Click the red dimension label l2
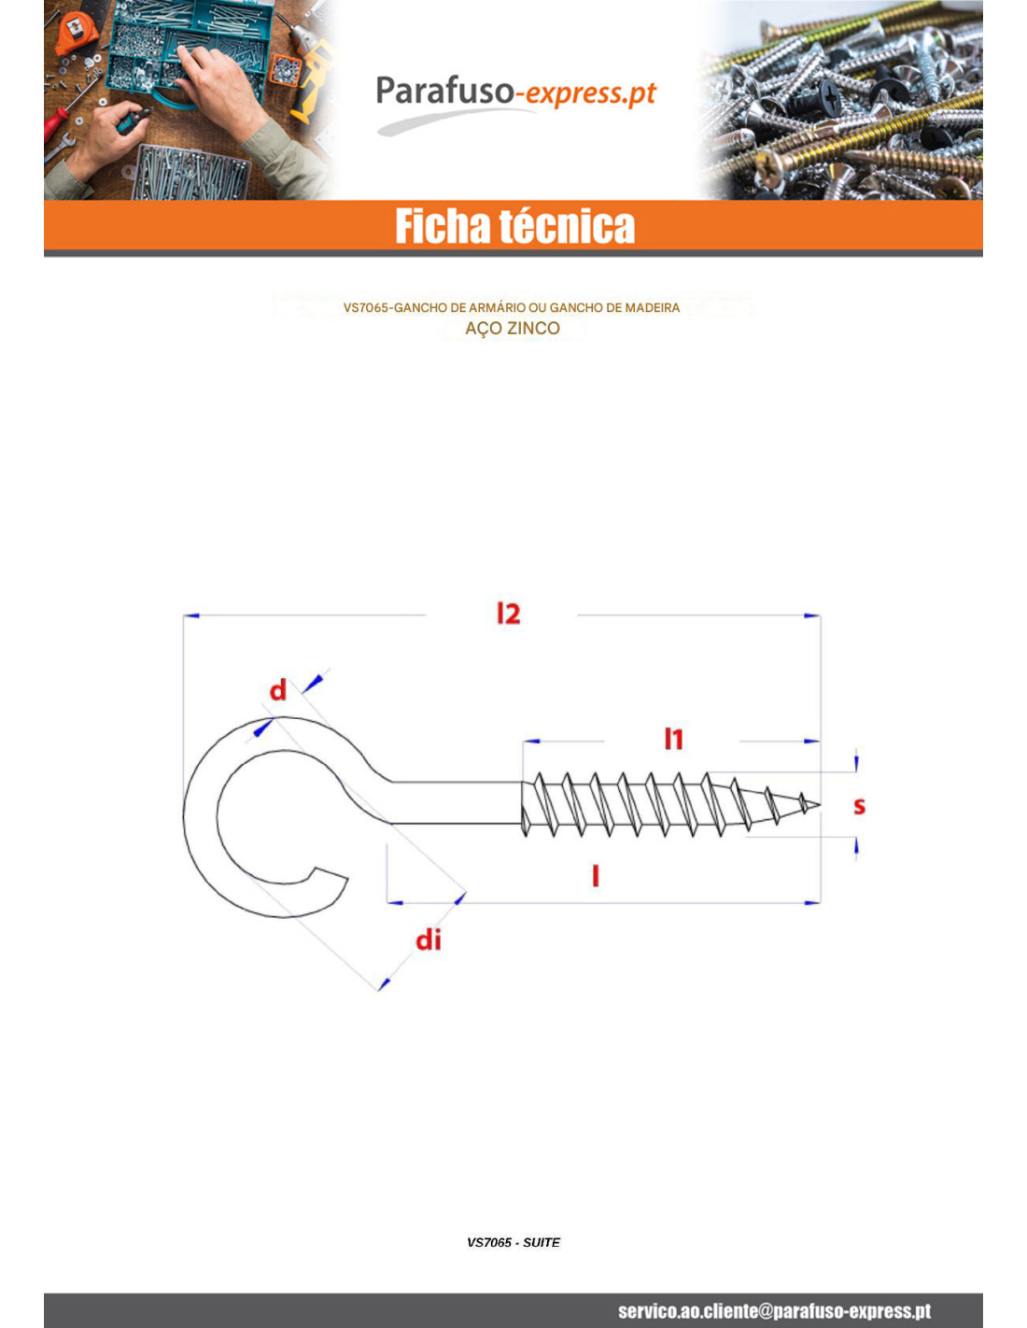[508, 613]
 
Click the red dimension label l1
[673, 739]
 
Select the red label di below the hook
[429, 939]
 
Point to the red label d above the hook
[278, 690]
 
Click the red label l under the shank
[596, 876]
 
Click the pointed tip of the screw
[819, 805]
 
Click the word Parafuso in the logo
[444, 92]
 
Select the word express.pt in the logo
[591, 93]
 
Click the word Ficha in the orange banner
[443, 225]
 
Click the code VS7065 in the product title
[365, 308]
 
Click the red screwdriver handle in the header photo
[55, 120]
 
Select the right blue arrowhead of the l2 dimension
[812, 615]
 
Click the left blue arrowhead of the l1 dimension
[531, 742]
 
